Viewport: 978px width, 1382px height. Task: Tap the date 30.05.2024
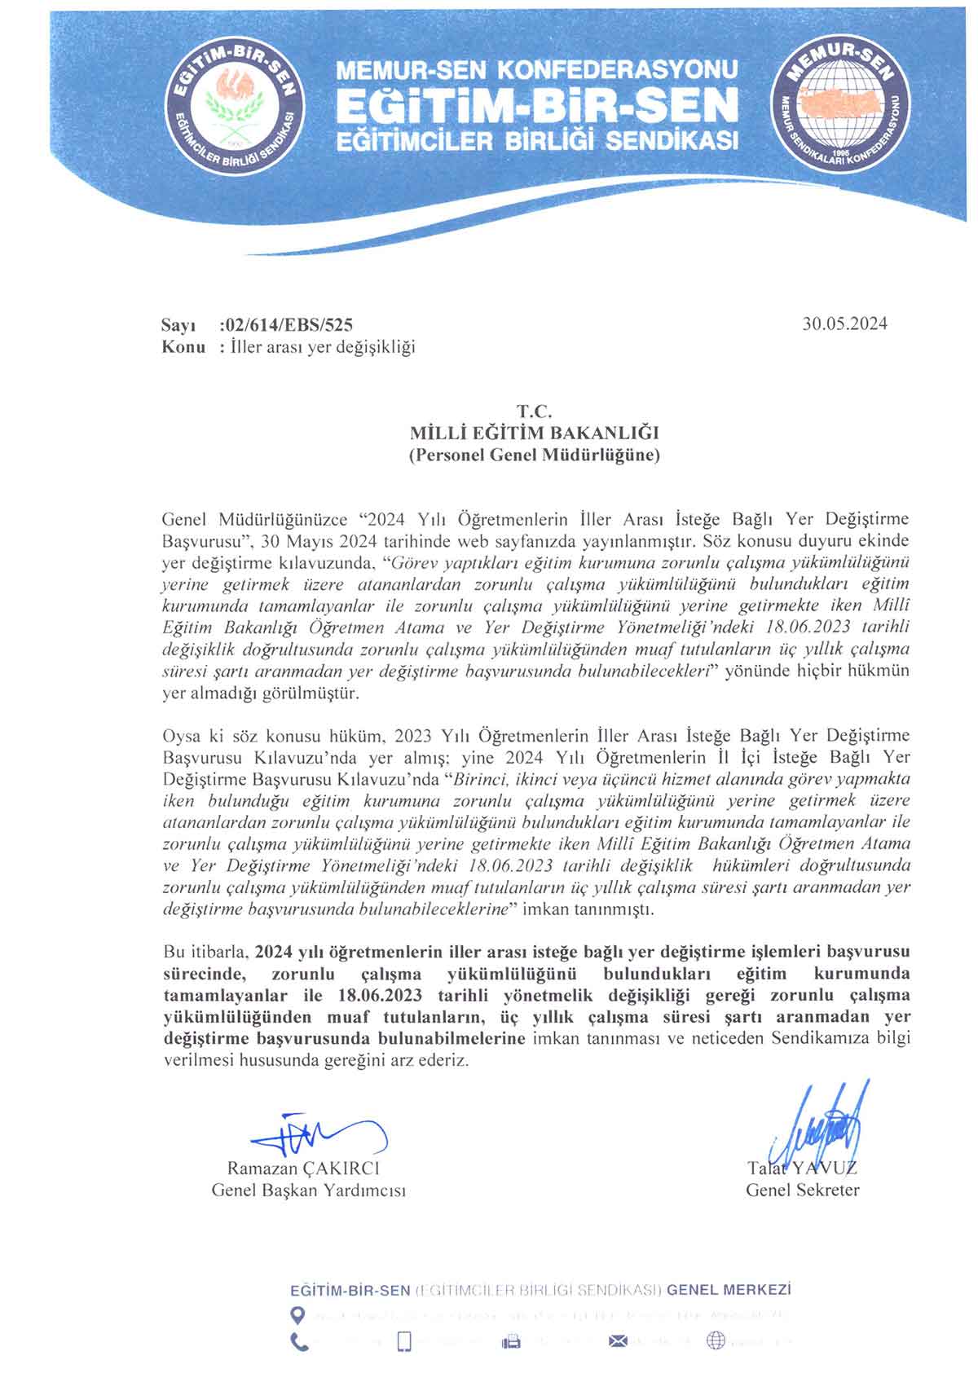(844, 323)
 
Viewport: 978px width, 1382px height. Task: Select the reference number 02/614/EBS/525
(287, 325)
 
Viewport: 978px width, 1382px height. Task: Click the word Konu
(183, 347)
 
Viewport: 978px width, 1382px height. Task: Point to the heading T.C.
(534, 412)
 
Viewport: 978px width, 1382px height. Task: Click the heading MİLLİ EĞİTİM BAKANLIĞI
(534, 433)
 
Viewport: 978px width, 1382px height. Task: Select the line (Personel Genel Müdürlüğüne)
(534, 455)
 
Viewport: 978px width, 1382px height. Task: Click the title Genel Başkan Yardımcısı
(309, 1191)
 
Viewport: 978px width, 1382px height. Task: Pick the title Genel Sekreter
(802, 1191)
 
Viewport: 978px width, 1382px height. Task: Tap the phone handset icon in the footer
(300, 1341)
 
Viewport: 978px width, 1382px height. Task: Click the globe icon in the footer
(716, 1340)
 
